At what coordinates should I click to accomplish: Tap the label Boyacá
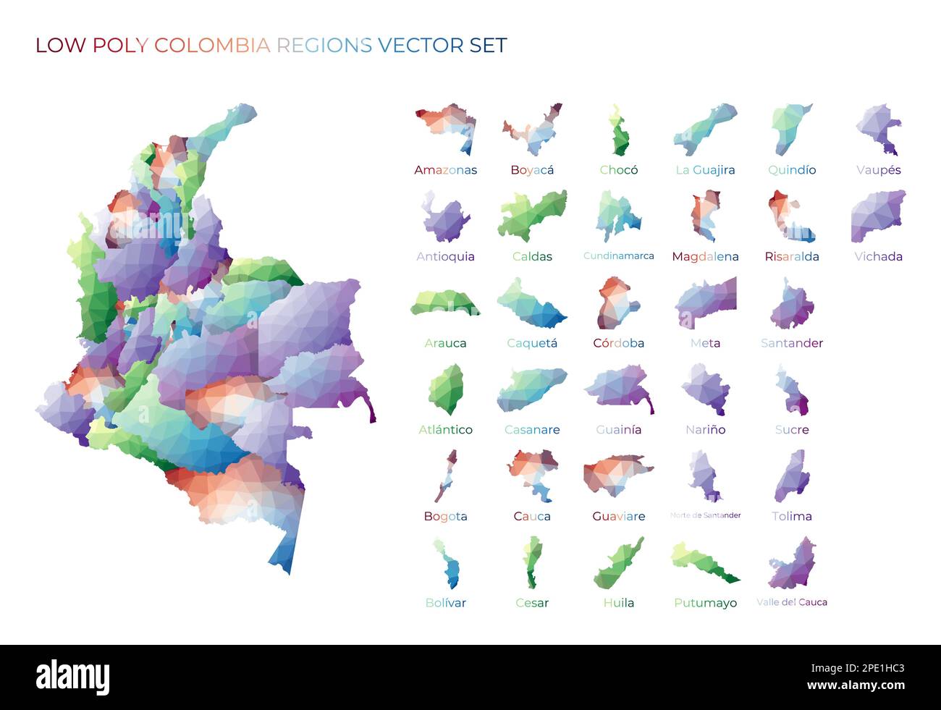tap(532, 170)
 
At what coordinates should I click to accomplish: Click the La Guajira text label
tap(705, 170)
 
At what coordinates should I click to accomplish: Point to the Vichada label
tap(878, 256)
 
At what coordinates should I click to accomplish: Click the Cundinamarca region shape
tap(617, 216)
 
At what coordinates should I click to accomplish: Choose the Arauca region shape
tap(444, 303)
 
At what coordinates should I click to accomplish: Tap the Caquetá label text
tap(532, 343)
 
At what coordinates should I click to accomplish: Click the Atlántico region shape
tap(446, 389)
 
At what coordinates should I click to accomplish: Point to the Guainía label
tap(618, 429)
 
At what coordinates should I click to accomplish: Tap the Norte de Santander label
tap(705, 515)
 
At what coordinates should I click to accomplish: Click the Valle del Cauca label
tap(791, 602)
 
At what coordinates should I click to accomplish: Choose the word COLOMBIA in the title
tap(211, 46)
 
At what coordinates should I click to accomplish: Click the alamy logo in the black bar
tap(73, 677)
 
